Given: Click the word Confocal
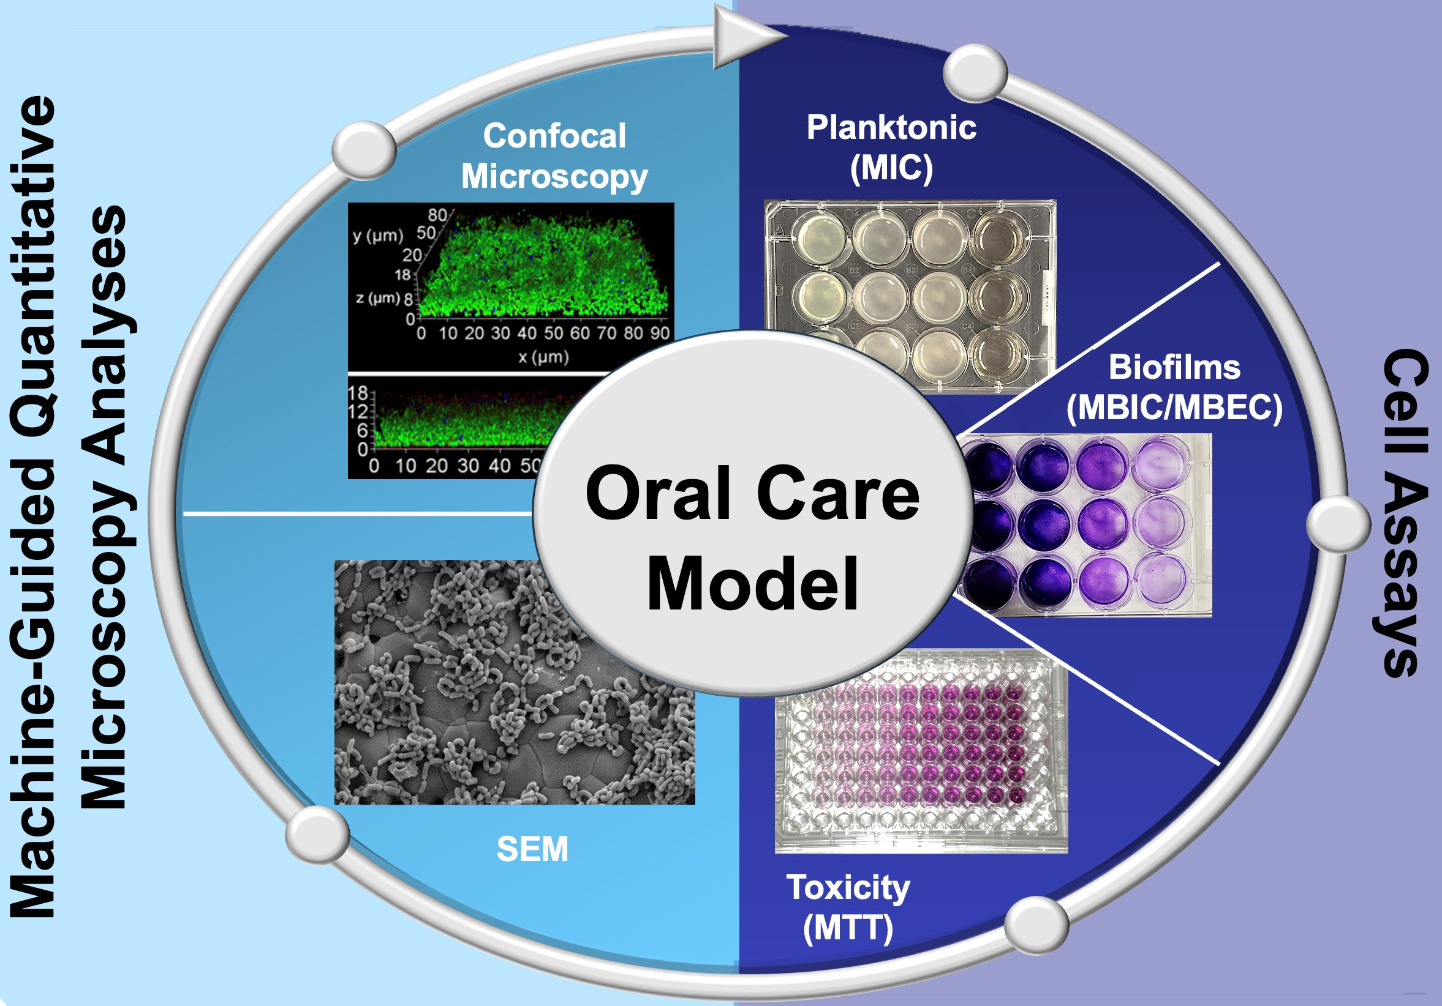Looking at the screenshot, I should (554, 136).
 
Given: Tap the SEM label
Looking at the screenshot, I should (532, 849).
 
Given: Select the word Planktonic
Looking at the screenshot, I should (891, 127).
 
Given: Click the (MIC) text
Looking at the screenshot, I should (891, 168).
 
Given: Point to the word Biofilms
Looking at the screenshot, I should (1174, 367).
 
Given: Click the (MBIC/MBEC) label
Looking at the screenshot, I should (1174, 408).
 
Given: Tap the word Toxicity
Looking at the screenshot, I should (848, 888).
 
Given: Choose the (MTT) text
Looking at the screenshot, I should (848, 929).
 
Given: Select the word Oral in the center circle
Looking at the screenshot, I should (660, 493).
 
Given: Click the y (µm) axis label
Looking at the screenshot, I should (377, 236).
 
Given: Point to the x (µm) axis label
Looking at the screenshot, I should (543, 358).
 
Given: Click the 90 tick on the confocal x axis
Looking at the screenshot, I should (660, 333).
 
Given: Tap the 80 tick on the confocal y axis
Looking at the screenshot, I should (437, 215).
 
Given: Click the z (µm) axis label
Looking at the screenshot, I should (379, 297).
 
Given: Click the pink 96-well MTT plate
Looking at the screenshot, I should (921, 753).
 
